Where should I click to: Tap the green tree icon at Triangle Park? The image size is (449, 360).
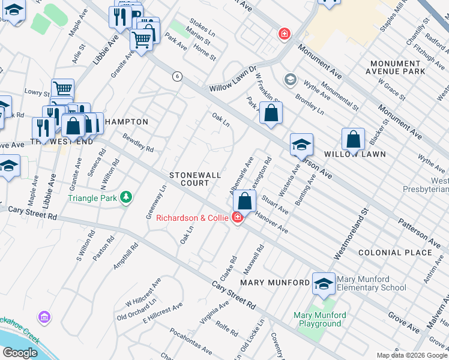coord(125,197)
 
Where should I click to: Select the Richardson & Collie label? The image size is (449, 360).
coord(192,218)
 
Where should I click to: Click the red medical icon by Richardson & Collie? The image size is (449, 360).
coord(238,217)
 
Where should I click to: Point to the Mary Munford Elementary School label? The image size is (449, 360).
coord(371,283)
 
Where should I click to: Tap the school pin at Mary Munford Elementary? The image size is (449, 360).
coord(324,284)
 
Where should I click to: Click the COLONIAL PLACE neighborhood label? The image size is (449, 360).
coord(394,253)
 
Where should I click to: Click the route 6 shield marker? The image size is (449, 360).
coord(176,76)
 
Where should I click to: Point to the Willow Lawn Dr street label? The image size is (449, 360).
coord(232,79)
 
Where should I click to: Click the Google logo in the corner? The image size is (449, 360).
coord(20,353)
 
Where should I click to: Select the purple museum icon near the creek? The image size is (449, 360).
coord(43,316)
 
